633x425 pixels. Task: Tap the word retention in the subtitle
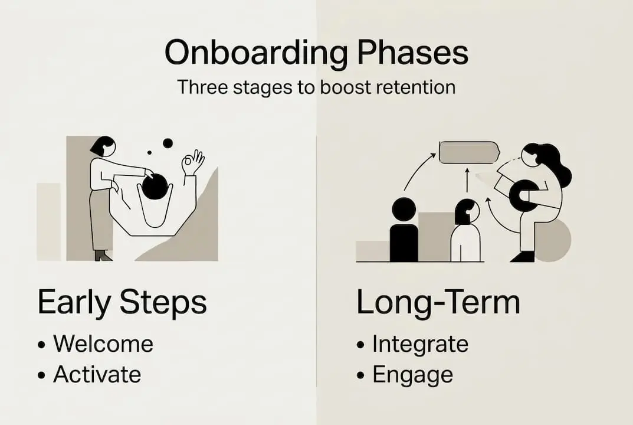413,87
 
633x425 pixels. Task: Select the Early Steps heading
122,302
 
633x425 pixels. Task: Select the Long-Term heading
438,302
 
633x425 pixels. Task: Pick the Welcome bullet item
103,344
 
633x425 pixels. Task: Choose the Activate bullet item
97,374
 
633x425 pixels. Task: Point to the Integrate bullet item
420,344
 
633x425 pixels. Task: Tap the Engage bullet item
412,374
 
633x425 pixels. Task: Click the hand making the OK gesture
192,162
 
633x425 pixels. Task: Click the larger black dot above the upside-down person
168,143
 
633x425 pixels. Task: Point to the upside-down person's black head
155,187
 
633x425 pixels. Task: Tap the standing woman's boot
103,255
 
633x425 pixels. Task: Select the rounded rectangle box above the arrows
469,152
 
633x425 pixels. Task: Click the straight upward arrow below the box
467,180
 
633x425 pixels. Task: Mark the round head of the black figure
404,210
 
